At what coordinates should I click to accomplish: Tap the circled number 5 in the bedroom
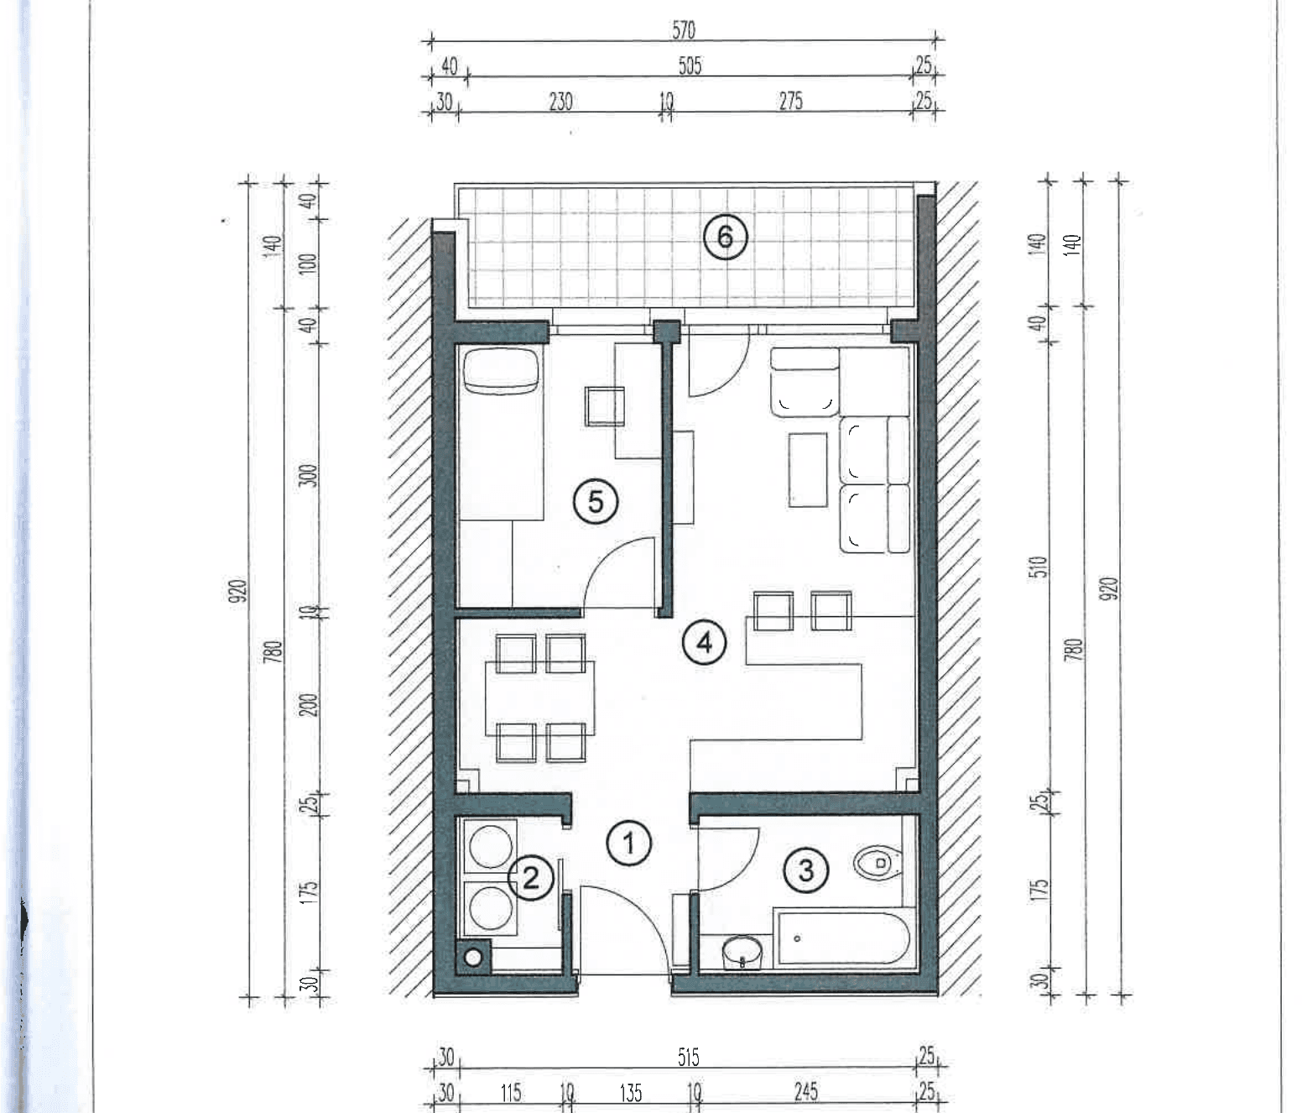click(596, 502)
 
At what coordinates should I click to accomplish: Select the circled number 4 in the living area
click(704, 643)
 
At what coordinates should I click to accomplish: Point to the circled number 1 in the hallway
click(628, 843)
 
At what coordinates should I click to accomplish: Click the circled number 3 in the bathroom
click(806, 871)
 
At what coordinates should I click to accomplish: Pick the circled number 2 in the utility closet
click(531, 877)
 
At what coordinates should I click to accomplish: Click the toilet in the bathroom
click(878, 862)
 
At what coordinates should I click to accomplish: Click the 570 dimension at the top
click(684, 29)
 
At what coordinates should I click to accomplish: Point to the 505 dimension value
click(690, 65)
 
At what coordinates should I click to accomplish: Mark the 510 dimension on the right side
click(1039, 567)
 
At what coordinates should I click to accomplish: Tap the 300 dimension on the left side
click(308, 476)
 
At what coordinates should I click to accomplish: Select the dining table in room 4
click(539, 698)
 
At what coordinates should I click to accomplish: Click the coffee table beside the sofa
click(808, 469)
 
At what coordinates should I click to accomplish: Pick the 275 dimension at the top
click(790, 102)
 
